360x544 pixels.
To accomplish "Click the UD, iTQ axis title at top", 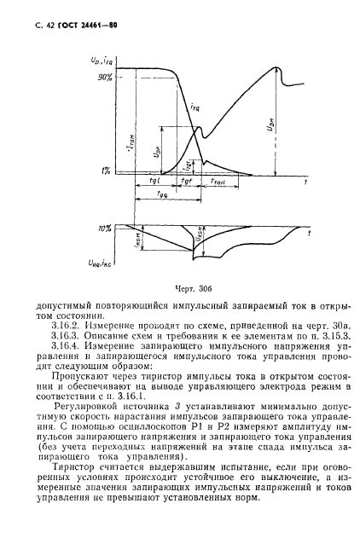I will (102, 62).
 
